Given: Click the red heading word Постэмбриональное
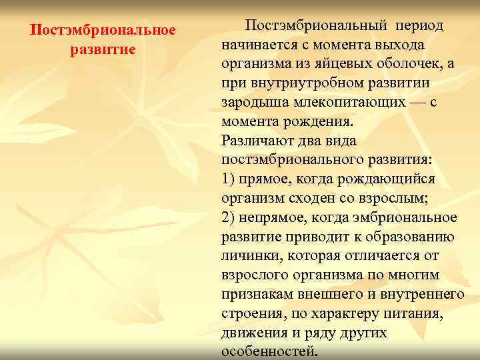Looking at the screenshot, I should tap(103, 31).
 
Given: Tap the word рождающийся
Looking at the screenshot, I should tap(393, 179).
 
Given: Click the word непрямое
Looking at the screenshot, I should tap(271, 218).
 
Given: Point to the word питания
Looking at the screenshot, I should tap(417, 314).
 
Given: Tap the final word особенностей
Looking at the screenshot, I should tap(269, 352).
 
